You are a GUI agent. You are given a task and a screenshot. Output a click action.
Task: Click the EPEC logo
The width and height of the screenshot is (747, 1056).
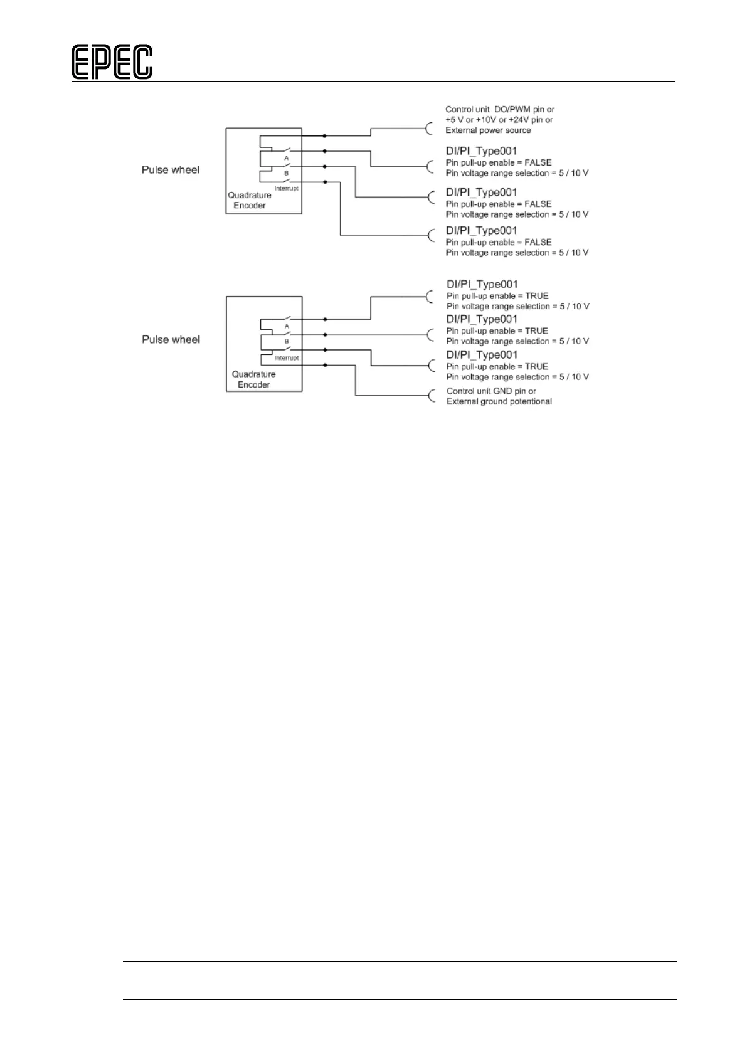pos(112,62)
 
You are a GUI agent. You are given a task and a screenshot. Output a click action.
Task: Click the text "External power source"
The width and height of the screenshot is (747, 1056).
pos(488,130)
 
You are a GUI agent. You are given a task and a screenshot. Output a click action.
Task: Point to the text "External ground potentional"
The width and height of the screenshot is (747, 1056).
pos(499,401)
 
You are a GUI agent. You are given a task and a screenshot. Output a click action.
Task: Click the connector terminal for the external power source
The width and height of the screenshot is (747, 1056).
pos(430,129)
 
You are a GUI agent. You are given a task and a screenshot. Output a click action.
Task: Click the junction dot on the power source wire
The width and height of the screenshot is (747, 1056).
pos(324,135)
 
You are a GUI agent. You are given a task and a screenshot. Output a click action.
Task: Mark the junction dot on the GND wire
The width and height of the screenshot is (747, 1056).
pos(324,365)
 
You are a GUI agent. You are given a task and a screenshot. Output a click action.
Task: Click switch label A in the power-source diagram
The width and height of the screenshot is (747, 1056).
pos(287,158)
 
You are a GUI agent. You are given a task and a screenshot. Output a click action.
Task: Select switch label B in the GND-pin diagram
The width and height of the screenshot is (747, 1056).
pos(287,342)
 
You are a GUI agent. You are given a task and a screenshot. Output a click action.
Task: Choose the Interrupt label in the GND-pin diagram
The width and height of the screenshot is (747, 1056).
pos(287,358)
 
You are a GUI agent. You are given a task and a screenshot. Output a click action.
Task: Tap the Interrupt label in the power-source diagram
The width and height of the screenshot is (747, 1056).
pos(286,189)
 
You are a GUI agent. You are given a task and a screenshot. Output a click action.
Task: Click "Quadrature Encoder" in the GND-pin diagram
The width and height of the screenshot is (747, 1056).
pos(253,379)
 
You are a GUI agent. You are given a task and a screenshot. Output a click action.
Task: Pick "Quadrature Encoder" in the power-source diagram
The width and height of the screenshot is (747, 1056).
pos(250,200)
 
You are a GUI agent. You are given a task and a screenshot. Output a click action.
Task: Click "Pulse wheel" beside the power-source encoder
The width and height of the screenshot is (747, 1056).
pos(171,170)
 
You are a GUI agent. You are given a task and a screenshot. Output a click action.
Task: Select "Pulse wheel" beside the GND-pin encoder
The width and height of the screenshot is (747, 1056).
pos(171,339)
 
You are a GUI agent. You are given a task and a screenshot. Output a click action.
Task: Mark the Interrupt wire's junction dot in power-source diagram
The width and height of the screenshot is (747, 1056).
pos(324,182)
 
